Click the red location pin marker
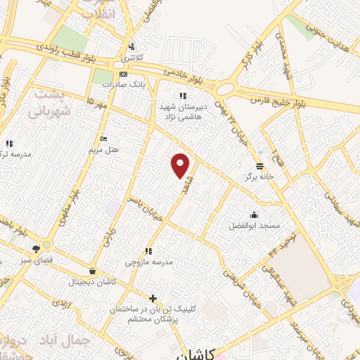[181, 165]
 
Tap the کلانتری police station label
[130, 56]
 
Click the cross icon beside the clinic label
[153, 298]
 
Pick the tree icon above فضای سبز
[36, 248]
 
